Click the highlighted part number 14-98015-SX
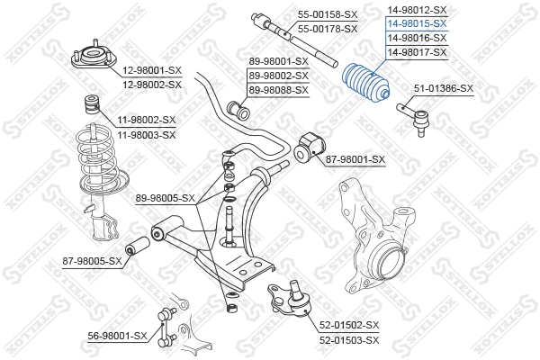(416, 24)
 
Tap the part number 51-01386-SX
(442, 88)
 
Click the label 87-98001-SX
(355, 159)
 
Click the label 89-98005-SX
(165, 198)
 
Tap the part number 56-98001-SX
(117, 335)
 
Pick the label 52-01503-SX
(349, 339)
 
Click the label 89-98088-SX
(278, 89)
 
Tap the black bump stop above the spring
(91, 101)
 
